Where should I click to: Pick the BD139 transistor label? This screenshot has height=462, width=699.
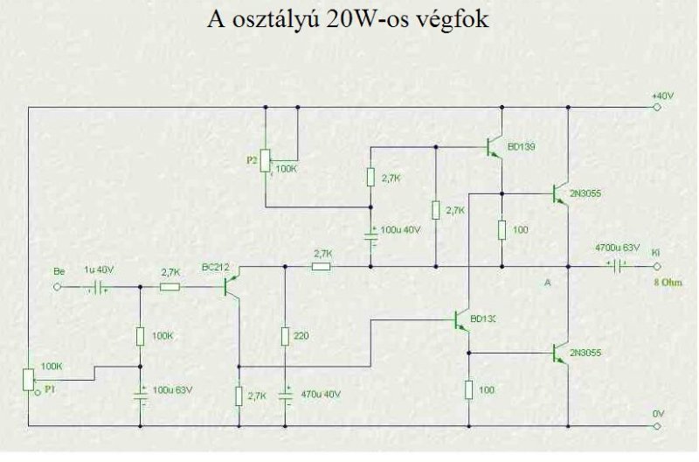tap(522, 147)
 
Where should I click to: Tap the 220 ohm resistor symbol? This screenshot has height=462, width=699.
tap(285, 336)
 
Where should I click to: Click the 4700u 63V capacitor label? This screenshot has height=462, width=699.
tap(618, 248)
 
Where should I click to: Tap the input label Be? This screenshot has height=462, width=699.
tap(59, 271)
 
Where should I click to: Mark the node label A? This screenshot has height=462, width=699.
tap(547, 282)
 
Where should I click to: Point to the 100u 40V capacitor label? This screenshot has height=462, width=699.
tap(401, 231)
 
